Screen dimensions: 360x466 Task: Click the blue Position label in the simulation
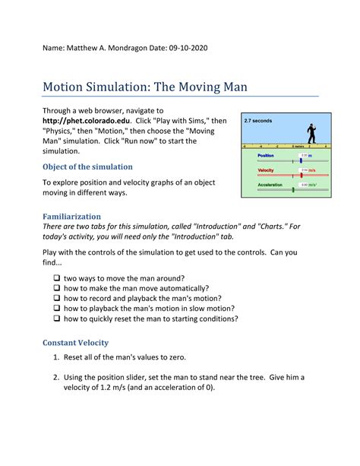pyautogui.click(x=267, y=156)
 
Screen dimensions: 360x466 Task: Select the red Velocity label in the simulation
pyautogui.click(x=267, y=170)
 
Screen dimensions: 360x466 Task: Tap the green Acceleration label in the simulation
pyautogui.click(x=270, y=184)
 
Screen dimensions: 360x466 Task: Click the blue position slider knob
pyautogui.click(x=301, y=160)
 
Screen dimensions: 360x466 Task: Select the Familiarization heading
pyautogui.click(x=80, y=217)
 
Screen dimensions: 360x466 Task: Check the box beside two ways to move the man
pyautogui.click(x=57, y=278)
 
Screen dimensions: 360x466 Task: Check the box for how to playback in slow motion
pyautogui.click(x=57, y=309)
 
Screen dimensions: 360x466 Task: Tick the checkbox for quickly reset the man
pyautogui.click(x=57, y=319)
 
